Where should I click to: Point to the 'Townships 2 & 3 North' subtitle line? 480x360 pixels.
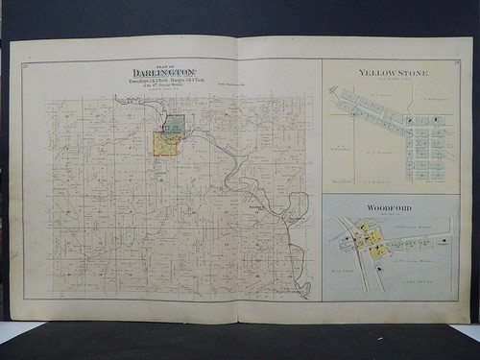pyautogui.click(x=164, y=79)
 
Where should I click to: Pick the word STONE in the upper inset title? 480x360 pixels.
pyautogui.click(x=412, y=73)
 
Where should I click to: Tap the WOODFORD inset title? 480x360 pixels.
pyautogui.click(x=388, y=207)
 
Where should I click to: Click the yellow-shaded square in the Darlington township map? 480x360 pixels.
pyautogui.click(x=165, y=144)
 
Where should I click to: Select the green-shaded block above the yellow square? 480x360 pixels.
pyautogui.click(x=174, y=124)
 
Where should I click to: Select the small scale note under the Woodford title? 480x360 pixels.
pyautogui.click(x=388, y=214)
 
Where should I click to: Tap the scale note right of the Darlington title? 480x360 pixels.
pyautogui.click(x=235, y=86)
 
